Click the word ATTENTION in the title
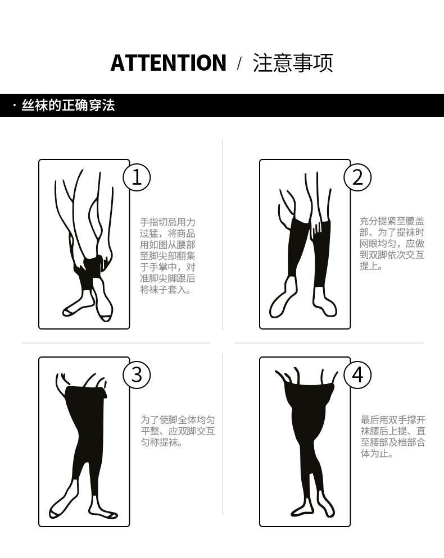[168, 63]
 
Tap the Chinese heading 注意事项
[293, 63]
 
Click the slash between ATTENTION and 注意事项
[239, 63]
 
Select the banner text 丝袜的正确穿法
[69, 106]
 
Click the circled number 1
[137, 177]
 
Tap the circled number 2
[358, 177]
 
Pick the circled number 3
[137, 375]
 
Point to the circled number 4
[358, 375]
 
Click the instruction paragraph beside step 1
[167, 256]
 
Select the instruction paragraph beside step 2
[392, 244]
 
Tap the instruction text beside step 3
[178, 431]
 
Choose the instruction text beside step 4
[393, 437]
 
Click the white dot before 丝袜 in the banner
[14, 106]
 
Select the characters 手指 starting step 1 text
[149, 222]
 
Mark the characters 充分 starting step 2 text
[369, 221]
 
